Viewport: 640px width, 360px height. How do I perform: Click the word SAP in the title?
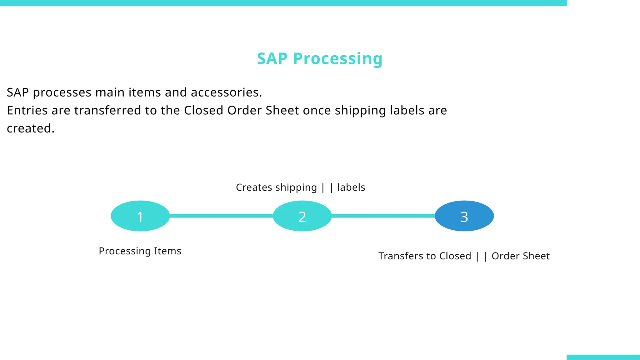[x=272, y=58]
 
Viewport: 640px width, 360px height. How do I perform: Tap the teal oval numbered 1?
[x=140, y=216]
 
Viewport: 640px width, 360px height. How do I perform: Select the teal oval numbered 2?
[x=302, y=216]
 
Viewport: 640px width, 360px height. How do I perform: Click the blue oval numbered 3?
[x=464, y=216]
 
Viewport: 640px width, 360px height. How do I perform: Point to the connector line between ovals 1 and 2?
[x=221, y=216]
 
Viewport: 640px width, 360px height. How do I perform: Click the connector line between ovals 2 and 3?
[x=383, y=216]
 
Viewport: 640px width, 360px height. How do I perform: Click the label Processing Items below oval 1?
[x=140, y=251]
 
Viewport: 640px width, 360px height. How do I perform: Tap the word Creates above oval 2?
[x=254, y=187]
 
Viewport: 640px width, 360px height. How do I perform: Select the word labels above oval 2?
[x=351, y=187]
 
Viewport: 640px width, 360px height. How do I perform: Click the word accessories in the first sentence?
[x=226, y=92]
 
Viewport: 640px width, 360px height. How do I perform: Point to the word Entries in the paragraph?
[x=27, y=110]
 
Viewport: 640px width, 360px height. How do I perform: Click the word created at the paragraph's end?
[x=30, y=128]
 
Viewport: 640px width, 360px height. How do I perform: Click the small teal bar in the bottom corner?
[x=603, y=357]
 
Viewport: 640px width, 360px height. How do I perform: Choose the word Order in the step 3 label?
[x=505, y=256]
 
